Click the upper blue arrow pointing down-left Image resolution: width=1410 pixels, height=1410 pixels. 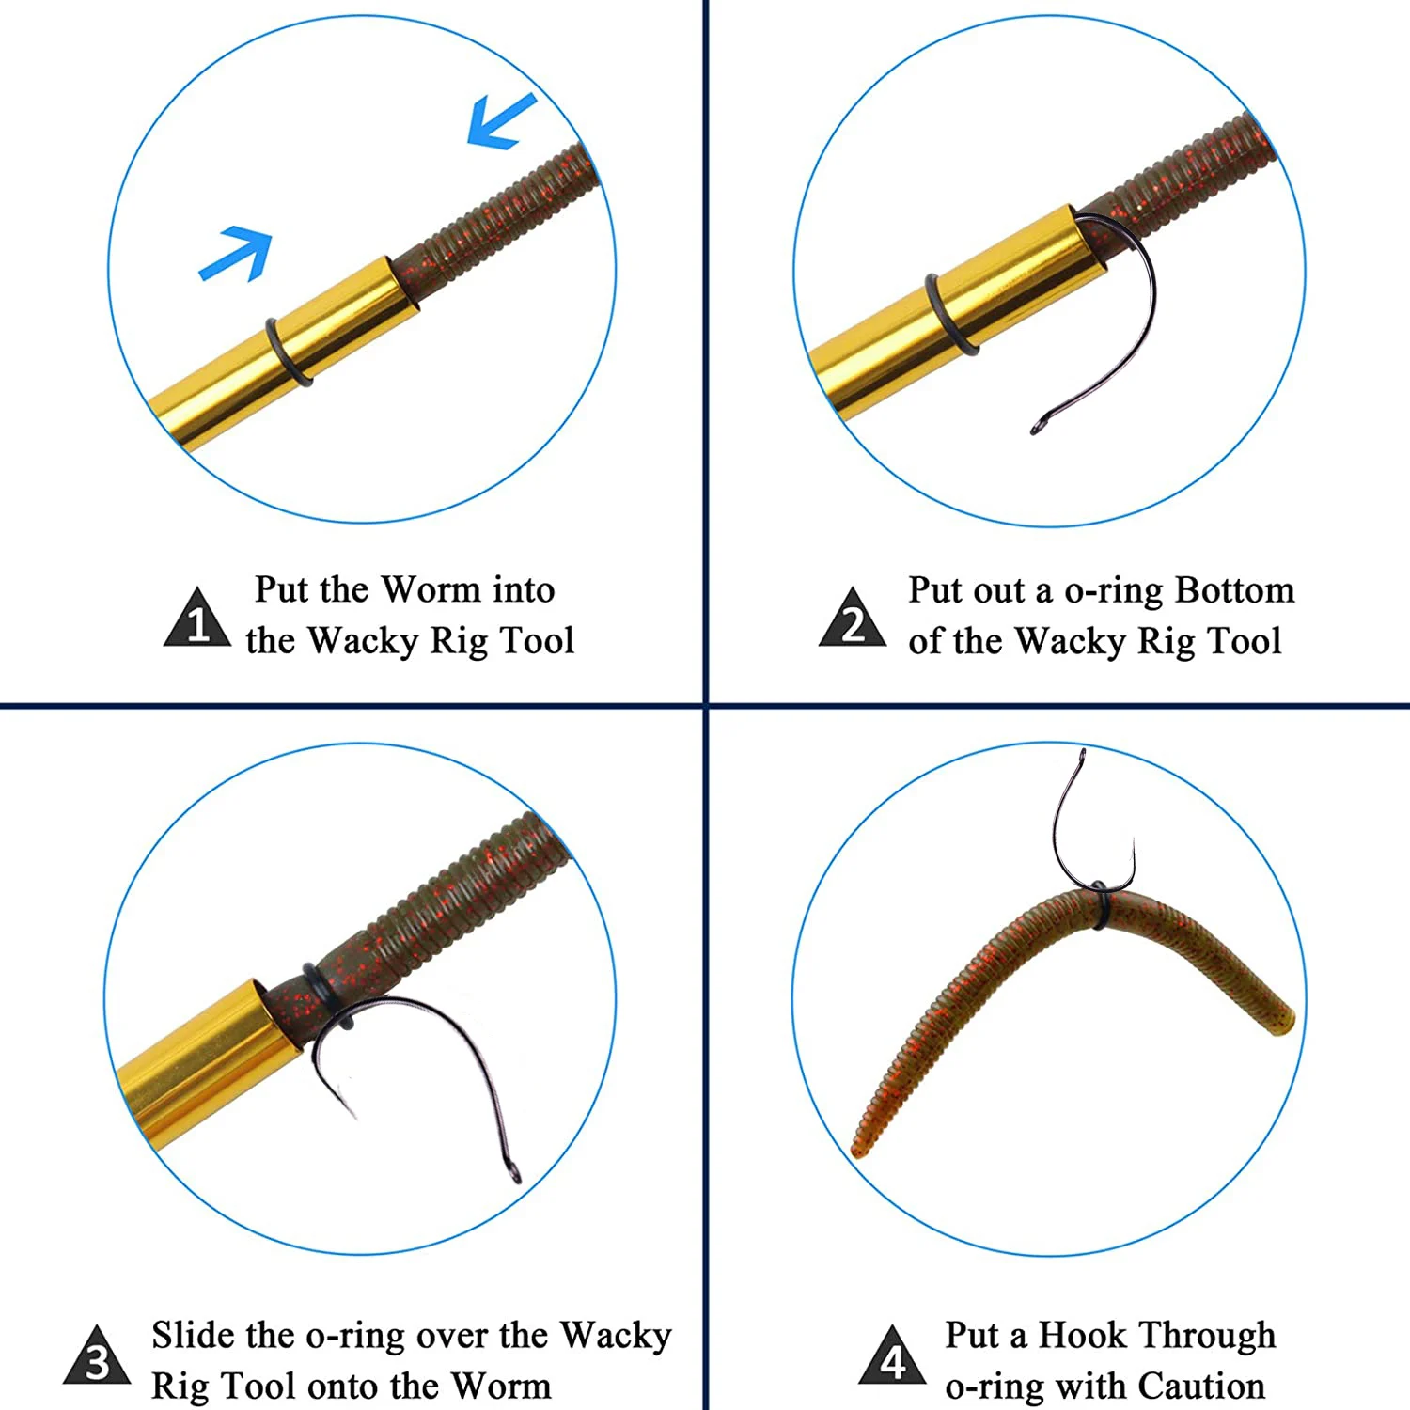coord(501,122)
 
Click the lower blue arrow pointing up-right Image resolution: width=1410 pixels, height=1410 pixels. coord(235,254)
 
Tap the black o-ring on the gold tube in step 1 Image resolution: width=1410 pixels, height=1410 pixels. coord(288,352)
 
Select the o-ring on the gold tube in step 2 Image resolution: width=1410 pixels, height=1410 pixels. coord(949,316)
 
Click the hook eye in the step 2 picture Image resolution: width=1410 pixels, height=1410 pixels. coord(1038,427)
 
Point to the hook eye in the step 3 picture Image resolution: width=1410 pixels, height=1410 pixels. coord(513,1172)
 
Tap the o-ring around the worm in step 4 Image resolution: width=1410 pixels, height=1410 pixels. coord(1098,904)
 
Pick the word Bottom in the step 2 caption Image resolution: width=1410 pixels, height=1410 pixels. coord(1234,590)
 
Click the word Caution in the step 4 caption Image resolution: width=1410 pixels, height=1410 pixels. coord(1201,1386)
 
